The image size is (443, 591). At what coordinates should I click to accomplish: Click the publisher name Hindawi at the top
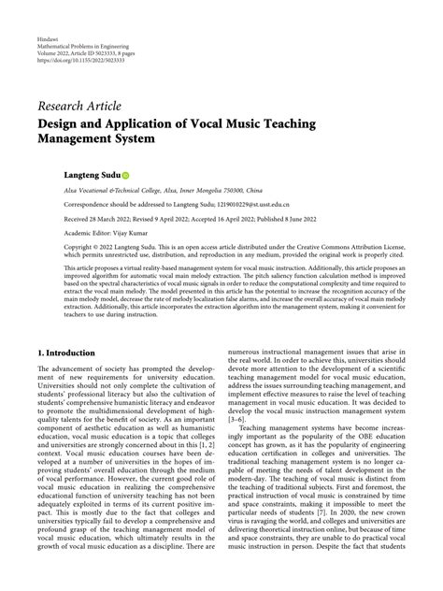click(x=48, y=43)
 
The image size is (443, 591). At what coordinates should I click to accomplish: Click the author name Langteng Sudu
click(x=92, y=175)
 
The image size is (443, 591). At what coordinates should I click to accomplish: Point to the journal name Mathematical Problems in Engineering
click(x=94, y=50)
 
